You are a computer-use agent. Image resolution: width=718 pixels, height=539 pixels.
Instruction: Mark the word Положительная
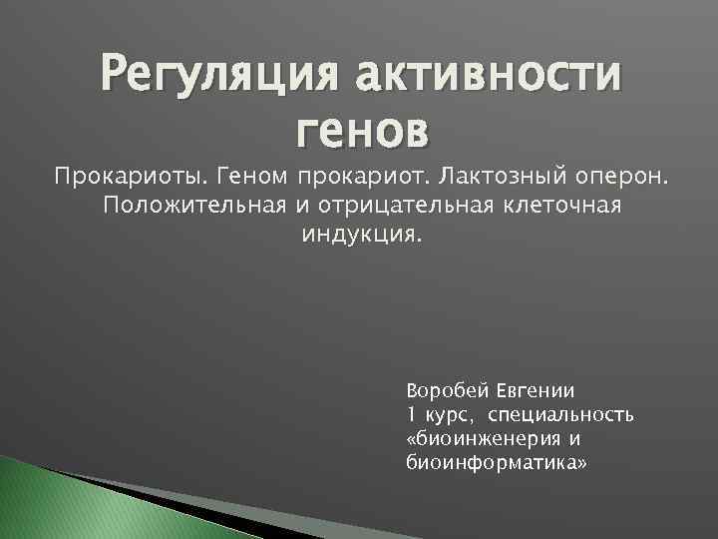[193, 206]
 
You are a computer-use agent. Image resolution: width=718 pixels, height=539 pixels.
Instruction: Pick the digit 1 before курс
[412, 415]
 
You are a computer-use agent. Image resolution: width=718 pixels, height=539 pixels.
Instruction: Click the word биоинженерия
[491, 439]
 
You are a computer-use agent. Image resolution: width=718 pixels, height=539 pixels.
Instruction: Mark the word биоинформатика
[497, 463]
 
